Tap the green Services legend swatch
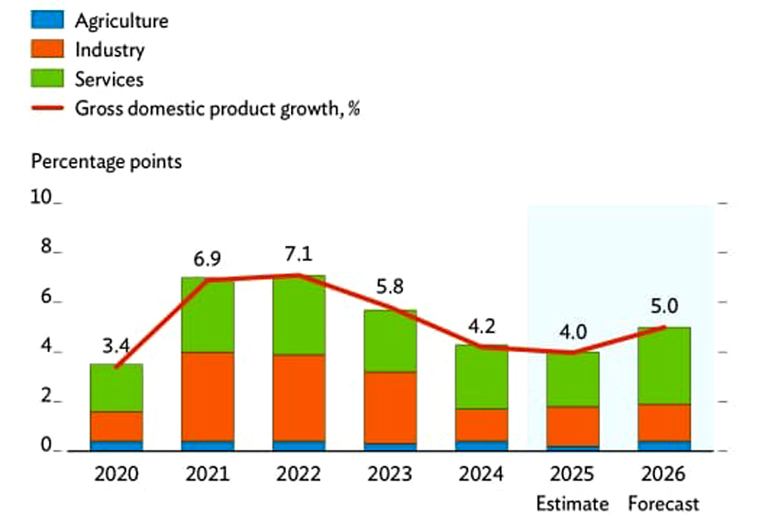(x=47, y=79)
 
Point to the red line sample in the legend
(x=47, y=108)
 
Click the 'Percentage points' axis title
(x=106, y=161)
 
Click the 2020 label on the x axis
(x=116, y=475)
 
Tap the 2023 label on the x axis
(x=390, y=475)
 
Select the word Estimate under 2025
(x=572, y=504)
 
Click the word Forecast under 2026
(x=663, y=504)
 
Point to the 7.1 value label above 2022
(x=298, y=253)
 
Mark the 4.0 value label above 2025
(x=572, y=332)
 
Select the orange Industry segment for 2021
(x=208, y=396)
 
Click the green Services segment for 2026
(x=664, y=366)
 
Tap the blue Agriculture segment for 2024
(x=481, y=446)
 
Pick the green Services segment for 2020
(x=116, y=387)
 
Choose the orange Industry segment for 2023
(x=390, y=407)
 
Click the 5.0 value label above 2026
(x=664, y=307)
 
